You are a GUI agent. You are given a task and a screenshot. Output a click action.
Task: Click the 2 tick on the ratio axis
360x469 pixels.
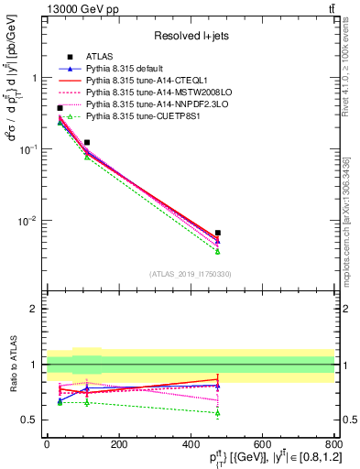[x=38, y=309]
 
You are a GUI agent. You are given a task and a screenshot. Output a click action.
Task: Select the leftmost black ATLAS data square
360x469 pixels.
[x=60, y=108]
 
